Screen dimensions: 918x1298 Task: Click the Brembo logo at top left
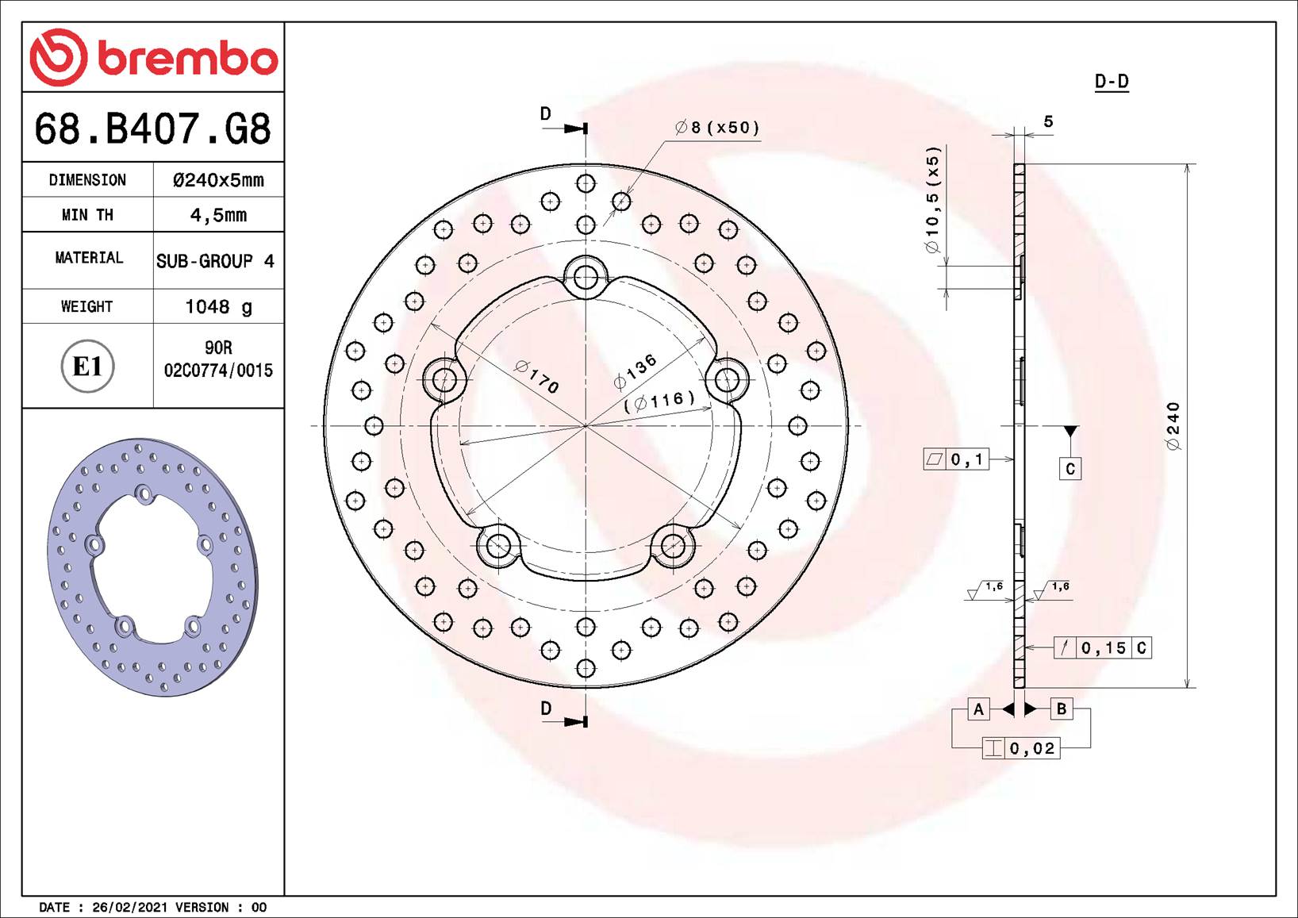[153, 57]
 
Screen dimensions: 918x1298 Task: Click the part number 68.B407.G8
[153, 129]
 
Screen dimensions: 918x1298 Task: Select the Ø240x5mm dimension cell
[218, 180]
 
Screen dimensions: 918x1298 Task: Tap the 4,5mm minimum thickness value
[218, 215]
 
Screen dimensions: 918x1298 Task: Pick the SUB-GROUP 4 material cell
[215, 261]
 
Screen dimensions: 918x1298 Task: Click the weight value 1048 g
[218, 306]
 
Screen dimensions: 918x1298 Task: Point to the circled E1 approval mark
[87, 367]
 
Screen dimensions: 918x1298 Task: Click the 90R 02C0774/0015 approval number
[218, 359]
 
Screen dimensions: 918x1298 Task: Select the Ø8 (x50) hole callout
[717, 128]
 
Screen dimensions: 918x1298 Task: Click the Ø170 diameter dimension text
[537, 376]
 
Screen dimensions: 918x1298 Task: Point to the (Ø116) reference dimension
[659, 401]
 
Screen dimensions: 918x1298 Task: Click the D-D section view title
[1111, 82]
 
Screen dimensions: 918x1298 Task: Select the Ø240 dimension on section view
[1173, 426]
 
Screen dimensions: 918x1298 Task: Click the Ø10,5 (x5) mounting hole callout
[932, 200]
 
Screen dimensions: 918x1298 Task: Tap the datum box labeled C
[1070, 469]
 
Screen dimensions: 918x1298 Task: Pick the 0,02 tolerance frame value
[1031, 748]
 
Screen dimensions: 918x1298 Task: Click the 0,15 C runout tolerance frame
[1103, 648]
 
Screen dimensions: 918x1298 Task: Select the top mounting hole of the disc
[586, 278]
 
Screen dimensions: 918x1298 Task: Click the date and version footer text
[153, 907]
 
